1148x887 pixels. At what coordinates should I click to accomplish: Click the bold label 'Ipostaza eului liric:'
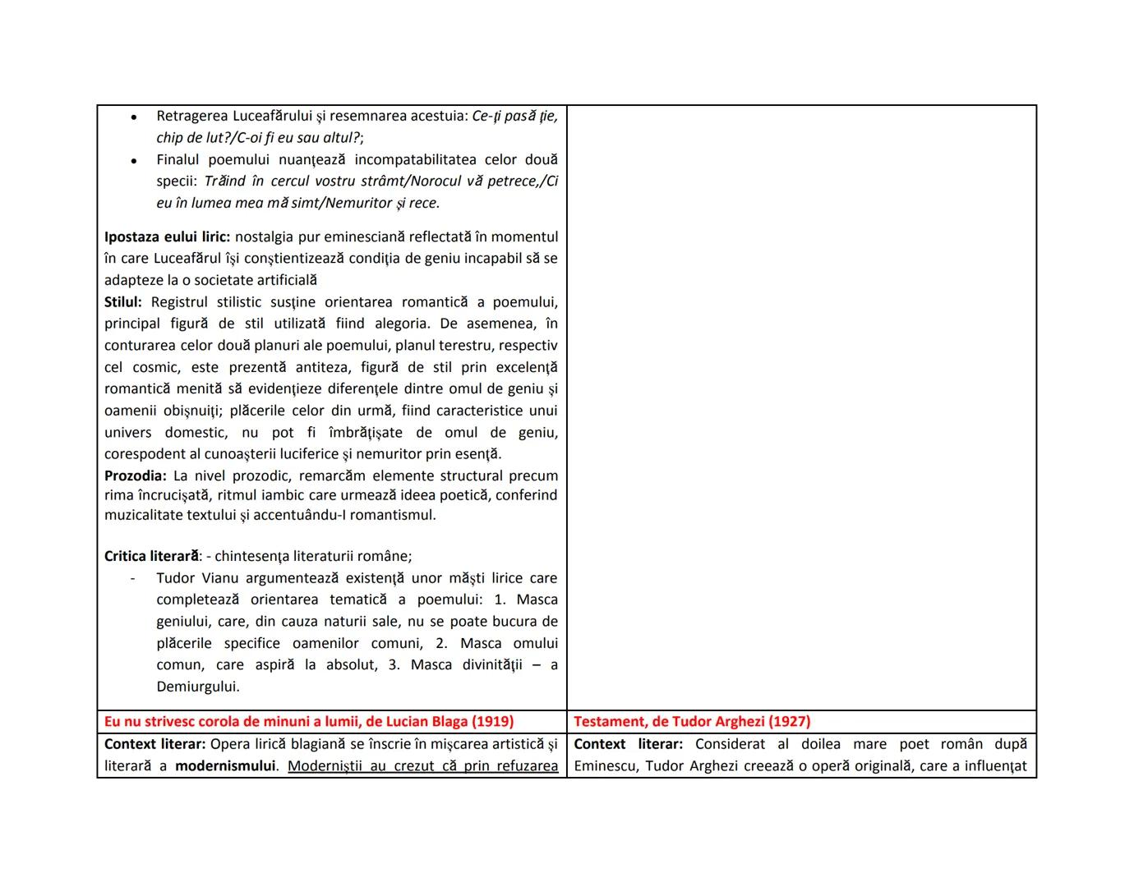(167, 237)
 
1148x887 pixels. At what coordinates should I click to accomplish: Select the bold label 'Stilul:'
(123, 302)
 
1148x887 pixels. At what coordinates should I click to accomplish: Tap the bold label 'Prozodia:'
(136, 476)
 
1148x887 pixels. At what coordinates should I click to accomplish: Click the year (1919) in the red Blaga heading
(492, 722)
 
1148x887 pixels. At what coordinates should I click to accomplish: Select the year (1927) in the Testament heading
(789, 722)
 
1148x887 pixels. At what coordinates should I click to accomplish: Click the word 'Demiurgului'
(198, 687)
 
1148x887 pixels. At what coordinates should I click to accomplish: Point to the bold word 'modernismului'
(225, 766)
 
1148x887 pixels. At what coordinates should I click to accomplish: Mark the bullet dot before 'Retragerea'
(133, 117)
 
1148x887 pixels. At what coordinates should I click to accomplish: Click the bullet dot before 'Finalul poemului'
(133, 161)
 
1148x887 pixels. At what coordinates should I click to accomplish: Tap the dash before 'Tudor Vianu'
(132, 578)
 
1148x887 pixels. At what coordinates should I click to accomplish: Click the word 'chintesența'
(254, 557)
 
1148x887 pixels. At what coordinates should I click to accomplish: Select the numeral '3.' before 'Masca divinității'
(394, 665)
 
